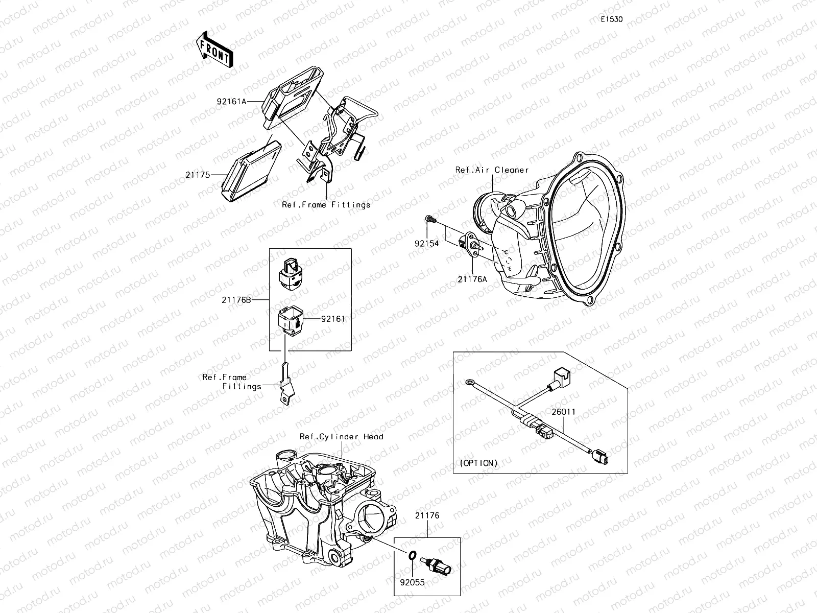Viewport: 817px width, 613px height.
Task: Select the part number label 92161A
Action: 231,102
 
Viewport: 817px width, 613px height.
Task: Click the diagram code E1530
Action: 611,20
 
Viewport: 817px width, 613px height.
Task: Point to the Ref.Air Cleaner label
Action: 492,170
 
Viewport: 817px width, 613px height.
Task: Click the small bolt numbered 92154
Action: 430,220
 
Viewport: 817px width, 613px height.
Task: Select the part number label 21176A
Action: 472,279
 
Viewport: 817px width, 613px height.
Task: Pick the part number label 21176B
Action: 236,300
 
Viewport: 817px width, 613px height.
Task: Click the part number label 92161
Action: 333,319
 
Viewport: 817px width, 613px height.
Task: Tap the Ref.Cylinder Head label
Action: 341,437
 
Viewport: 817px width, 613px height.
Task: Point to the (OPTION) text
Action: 478,463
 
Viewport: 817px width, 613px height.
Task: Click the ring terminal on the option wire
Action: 469,382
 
